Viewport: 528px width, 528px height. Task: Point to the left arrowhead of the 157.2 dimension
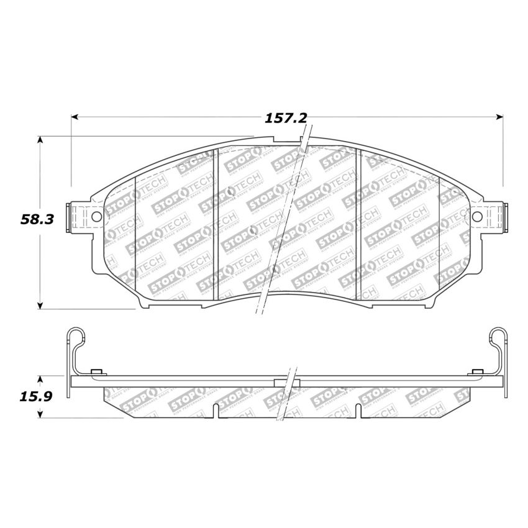pyautogui.click(x=75, y=116)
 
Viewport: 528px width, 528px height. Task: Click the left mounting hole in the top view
pyautogui.click(x=96, y=216)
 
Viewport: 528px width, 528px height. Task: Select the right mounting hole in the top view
pyautogui.click(x=477, y=216)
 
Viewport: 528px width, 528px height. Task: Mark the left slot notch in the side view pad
pyautogui.click(x=214, y=409)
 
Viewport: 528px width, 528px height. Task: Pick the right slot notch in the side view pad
pyautogui.click(x=358, y=409)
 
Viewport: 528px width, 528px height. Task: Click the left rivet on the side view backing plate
pyautogui.click(x=96, y=372)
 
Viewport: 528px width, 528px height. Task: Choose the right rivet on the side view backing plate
pyautogui.click(x=477, y=372)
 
